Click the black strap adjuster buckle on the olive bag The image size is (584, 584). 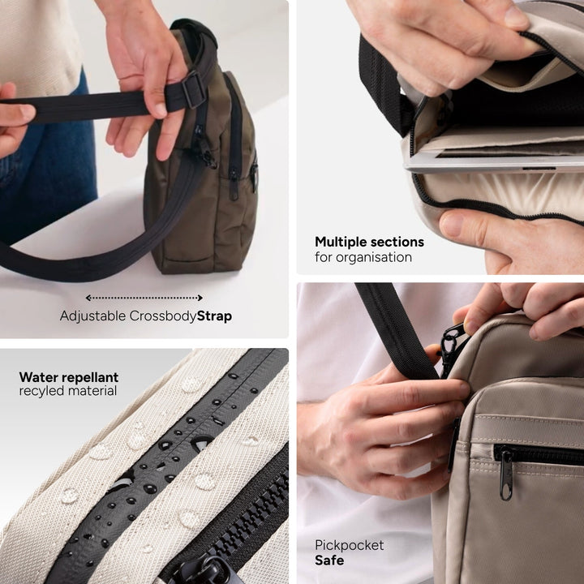193,89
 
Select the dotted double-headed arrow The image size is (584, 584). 144,298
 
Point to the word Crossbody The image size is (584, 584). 163,316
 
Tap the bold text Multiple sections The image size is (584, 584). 369,242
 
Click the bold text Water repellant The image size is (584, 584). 68,377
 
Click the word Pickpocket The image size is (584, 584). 350,545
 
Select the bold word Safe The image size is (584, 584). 329,560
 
